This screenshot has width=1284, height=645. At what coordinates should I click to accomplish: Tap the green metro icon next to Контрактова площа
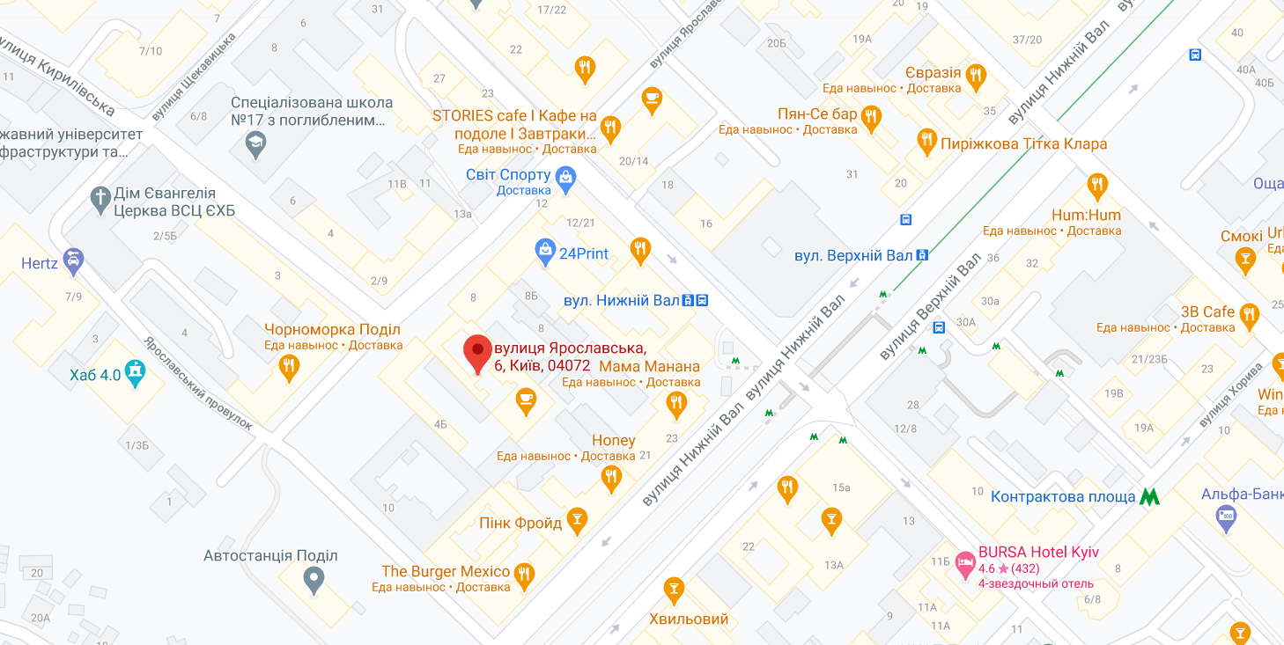1148,496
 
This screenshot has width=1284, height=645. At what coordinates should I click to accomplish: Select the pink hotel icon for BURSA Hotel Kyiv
966,561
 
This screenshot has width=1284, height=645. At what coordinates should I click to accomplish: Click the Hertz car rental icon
73,260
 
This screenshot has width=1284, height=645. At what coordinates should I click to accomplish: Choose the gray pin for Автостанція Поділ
314,578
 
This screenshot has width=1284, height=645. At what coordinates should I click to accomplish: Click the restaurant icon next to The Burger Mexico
524,573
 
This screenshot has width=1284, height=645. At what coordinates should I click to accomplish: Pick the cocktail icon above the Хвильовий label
674,587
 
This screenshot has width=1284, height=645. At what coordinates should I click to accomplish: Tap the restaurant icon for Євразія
975,76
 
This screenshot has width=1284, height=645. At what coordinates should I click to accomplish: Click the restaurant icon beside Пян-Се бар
871,116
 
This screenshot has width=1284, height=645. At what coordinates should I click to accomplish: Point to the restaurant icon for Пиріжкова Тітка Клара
926,140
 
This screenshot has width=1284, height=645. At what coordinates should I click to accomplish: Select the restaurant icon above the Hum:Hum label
1096,185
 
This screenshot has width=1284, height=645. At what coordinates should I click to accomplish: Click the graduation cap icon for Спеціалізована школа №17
255,143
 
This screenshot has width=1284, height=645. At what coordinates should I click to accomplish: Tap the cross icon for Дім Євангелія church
101,198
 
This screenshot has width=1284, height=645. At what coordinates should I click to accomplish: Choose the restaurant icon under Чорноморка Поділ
288,366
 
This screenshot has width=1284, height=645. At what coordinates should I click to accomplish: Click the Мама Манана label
649,367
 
